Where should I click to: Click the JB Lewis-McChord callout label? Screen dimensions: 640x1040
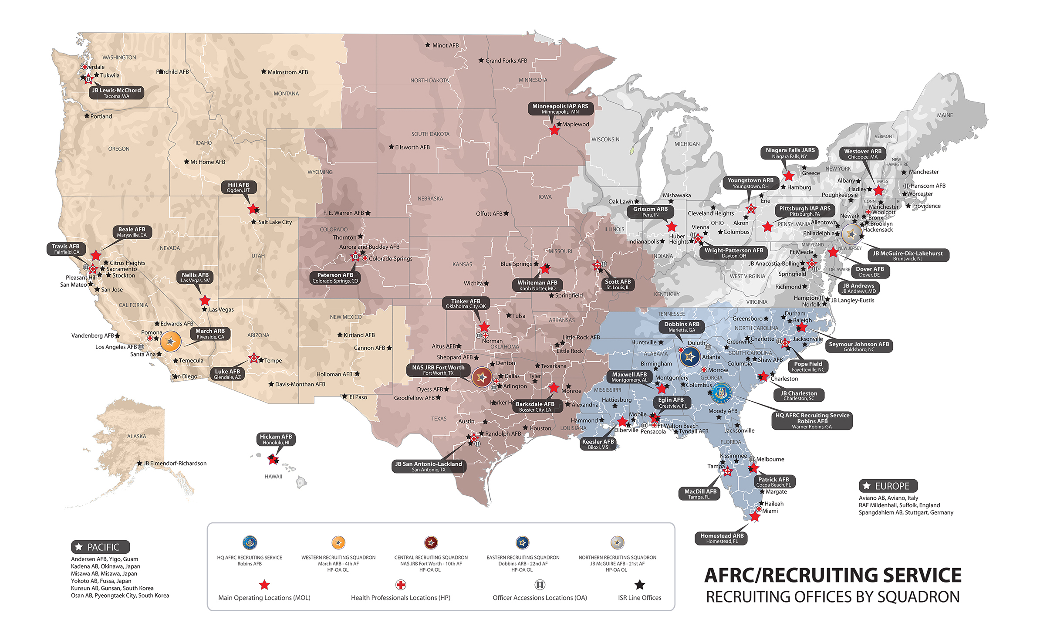tap(116, 93)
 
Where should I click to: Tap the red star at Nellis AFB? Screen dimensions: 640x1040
tap(205, 300)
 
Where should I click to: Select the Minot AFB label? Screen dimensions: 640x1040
tap(445, 45)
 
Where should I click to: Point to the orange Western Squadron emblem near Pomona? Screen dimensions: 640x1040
tap(171, 342)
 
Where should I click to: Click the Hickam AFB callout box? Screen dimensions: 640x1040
tap(276, 439)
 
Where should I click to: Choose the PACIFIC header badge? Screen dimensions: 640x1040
tap(100, 547)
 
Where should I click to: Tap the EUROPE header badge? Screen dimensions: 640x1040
tap(888, 486)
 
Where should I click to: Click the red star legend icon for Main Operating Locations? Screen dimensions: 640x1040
tap(264, 585)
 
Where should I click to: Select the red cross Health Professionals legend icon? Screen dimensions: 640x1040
tap(401, 585)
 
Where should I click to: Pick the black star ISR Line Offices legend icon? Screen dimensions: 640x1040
tap(639, 585)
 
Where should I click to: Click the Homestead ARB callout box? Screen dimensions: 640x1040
tap(722, 538)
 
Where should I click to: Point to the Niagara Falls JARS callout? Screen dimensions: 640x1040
tap(790, 152)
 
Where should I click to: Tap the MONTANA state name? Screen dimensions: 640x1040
tap(286, 94)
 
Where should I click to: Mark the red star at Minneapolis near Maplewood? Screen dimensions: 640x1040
tap(554, 130)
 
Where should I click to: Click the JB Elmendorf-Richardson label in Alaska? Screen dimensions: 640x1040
tap(175, 464)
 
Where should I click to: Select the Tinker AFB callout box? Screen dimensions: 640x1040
tap(466, 304)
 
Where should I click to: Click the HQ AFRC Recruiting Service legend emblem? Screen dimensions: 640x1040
tap(250, 543)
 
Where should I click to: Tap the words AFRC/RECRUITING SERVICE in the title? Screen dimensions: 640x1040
tap(832, 576)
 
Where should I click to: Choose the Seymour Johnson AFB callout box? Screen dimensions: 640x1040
tap(858, 346)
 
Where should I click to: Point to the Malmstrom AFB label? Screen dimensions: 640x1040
tap(287, 72)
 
